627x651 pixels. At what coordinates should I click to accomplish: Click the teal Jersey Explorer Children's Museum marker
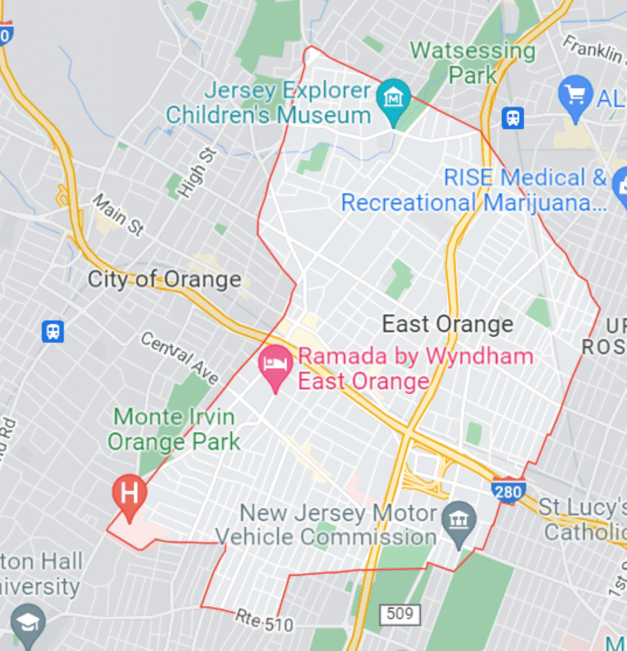(x=394, y=98)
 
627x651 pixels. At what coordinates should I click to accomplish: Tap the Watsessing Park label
(x=472, y=62)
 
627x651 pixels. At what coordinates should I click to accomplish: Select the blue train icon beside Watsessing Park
(x=513, y=118)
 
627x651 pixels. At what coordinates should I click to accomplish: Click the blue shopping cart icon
(x=575, y=96)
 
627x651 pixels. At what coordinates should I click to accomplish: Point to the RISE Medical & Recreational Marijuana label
(x=474, y=190)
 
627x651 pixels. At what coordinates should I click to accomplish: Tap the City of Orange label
(x=164, y=279)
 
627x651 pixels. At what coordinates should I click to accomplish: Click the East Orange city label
(x=447, y=324)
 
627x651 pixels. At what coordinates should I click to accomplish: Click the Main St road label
(x=118, y=216)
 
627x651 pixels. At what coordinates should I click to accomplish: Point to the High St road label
(x=196, y=172)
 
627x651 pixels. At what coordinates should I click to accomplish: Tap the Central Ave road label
(x=180, y=358)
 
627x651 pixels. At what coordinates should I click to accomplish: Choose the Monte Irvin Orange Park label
(x=174, y=429)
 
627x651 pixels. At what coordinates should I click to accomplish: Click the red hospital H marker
(x=129, y=493)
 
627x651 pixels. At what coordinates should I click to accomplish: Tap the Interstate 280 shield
(x=508, y=490)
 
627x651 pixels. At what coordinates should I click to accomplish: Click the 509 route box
(x=400, y=614)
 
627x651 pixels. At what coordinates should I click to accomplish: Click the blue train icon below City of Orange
(x=53, y=331)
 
